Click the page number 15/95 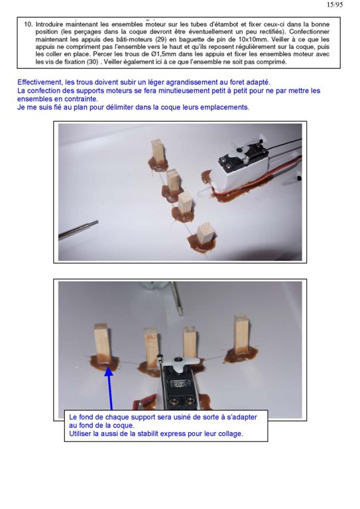click(335, 5)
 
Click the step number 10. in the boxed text click(29, 25)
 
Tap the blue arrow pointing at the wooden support click(110, 388)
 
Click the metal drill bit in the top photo click(78, 230)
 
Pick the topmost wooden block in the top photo click(158, 152)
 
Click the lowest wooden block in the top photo click(206, 235)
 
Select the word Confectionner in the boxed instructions click(310, 32)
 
